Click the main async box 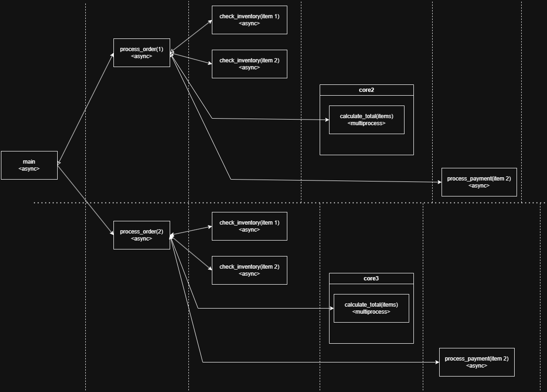(x=29, y=165)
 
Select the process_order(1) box (x=142, y=53)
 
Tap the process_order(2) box (x=142, y=235)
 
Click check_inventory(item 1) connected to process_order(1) (x=249, y=20)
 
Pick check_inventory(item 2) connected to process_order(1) (x=249, y=64)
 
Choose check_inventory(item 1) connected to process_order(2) (x=249, y=226)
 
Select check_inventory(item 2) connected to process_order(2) (x=249, y=270)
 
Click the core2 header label (x=367, y=90)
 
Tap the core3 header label (x=371, y=279)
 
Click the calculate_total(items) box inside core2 (x=367, y=120)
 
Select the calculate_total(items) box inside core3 (x=371, y=308)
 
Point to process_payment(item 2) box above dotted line (x=479, y=182)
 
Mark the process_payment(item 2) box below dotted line (x=477, y=362)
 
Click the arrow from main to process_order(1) (x=85, y=108)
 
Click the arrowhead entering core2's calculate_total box (x=327, y=120)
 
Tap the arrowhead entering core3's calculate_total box (x=331, y=309)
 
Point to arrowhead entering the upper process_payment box (x=439, y=182)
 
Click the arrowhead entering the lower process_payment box (x=437, y=362)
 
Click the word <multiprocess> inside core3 (x=371, y=312)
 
